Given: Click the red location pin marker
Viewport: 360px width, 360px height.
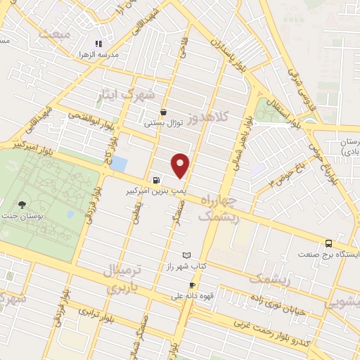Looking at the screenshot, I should coord(181,165).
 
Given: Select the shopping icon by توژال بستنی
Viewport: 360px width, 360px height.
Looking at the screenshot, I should coord(164,112).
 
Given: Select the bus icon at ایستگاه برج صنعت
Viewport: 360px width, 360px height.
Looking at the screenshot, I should coord(328,243).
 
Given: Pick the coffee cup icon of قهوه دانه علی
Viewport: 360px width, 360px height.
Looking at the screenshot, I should coord(192,285).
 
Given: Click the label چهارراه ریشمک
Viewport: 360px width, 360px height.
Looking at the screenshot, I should coord(219,209).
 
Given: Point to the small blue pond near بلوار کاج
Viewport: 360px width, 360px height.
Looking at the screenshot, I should coord(119,165).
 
